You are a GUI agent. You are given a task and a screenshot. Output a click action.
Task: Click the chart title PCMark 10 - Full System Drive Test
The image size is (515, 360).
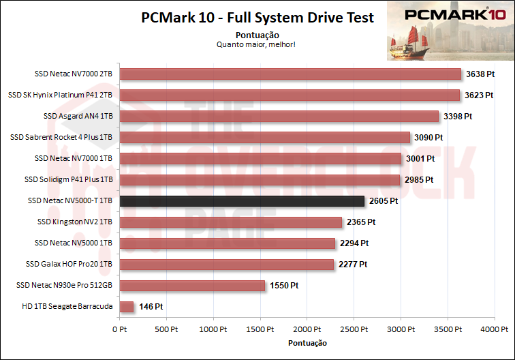[257, 18]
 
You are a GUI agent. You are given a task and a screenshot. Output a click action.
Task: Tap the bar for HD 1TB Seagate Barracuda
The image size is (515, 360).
[126, 307]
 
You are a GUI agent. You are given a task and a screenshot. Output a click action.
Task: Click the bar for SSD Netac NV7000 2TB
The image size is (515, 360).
[290, 74]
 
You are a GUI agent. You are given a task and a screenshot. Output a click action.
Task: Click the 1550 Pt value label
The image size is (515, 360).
[285, 286]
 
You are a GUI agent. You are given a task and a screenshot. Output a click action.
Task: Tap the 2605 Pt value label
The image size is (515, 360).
[384, 201]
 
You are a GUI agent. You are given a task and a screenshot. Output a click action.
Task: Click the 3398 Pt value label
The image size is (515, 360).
[457, 117]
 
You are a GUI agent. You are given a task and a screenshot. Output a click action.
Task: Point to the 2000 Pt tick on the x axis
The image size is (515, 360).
[307, 329]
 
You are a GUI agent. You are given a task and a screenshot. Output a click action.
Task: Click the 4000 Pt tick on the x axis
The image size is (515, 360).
[495, 329]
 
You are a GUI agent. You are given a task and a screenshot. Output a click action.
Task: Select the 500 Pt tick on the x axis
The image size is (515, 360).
[166, 329]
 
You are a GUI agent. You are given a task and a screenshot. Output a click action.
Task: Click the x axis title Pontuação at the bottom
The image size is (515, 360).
[307, 342]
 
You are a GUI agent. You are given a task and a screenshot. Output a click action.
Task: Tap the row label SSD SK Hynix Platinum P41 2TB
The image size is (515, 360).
[60, 95]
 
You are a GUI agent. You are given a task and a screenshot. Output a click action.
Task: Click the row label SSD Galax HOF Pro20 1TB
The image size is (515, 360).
[69, 265]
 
